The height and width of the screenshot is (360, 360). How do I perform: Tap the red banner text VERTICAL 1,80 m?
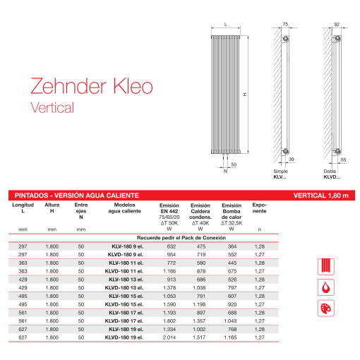320,195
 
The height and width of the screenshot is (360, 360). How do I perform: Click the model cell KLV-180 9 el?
123,246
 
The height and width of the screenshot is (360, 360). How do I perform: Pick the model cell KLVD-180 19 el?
123,339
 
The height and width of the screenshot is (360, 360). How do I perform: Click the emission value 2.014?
169,339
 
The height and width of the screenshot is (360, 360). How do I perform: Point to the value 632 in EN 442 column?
169,246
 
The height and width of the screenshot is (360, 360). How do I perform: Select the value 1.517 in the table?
200,339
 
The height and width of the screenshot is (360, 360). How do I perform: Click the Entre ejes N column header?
81,210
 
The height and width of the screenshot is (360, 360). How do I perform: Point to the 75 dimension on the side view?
286,25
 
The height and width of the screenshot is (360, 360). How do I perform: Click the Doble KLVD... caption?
332,174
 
